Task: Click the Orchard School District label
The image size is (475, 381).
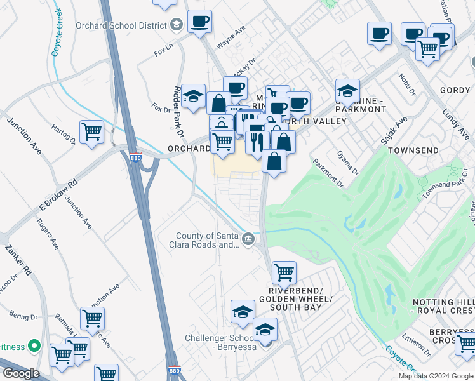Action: pyautogui.click(x=121, y=25)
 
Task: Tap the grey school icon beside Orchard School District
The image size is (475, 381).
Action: pyautogui.click(x=177, y=25)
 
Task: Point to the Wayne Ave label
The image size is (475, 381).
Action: pyautogui.click(x=231, y=37)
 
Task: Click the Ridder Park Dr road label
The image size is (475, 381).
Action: pyautogui.click(x=179, y=113)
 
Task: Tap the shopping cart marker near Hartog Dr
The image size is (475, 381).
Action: pyautogui.click(x=92, y=131)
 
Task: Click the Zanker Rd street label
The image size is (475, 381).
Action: pyautogui.click(x=18, y=261)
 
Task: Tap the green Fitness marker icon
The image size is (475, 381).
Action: pyautogui.click(x=36, y=346)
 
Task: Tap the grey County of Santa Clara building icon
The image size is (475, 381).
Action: pyautogui.click(x=248, y=239)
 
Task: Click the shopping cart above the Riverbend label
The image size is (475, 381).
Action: pyautogui.click(x=284, y=272)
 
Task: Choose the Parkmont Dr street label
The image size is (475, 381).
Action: pyautogui.click(x=327, y=173)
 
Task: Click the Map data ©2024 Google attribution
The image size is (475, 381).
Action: pyautogui.click(x=435, y=376)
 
